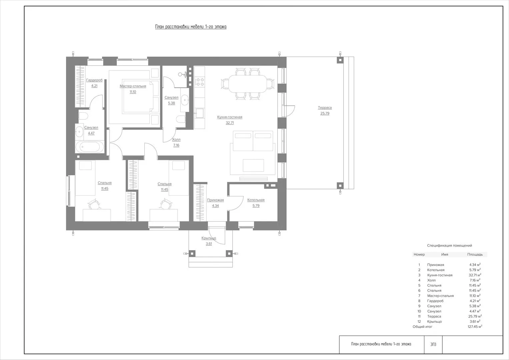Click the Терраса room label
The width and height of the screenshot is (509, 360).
click(325, 107)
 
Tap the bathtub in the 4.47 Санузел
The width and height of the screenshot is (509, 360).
click(90, 147)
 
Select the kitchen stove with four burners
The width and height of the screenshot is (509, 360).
click(200, 82)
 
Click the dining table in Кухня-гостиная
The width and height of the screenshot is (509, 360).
click(248, 84)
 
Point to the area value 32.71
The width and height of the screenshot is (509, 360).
click(230, 123)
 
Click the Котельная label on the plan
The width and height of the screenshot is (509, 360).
click(256, 200)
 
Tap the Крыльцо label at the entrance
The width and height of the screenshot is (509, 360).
click(209, 238)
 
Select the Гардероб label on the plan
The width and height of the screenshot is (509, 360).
click(94, 80)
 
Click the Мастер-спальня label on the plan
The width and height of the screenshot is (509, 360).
click(133, 86)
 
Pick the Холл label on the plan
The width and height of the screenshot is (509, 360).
click(176, 140)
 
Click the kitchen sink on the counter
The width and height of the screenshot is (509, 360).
click(200, 113)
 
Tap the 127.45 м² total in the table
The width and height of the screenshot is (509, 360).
click(475, 327)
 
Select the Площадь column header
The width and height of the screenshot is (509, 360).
click(475, 255)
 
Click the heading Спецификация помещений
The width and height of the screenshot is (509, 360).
click(449, 245)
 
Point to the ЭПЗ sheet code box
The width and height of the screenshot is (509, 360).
click(433, 344)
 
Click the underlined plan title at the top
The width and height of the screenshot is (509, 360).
click(191, 27)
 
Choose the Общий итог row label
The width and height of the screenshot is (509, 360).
click(422, 327)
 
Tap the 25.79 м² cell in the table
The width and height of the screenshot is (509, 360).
click(475, 316)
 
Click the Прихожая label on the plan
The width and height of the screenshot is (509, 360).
click(215, 200)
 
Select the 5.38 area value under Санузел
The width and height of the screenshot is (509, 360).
click(171, 103)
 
